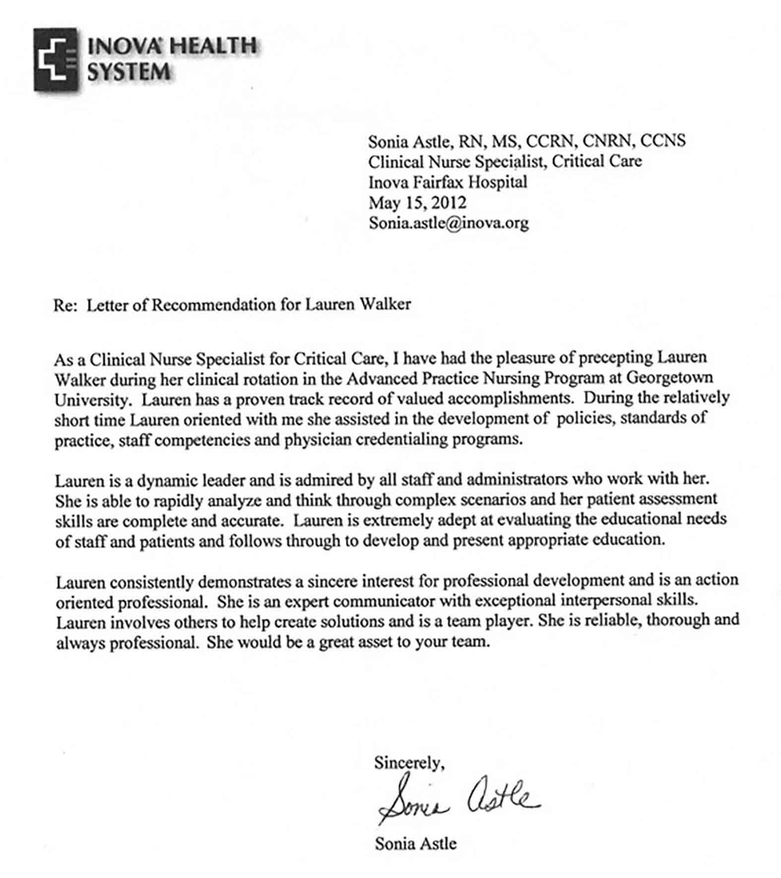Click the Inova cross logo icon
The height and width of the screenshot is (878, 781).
(x=56, y=60)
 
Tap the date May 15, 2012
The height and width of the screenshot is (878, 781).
(x=417, y=203)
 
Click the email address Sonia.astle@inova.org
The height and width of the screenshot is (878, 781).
(x=449, y=223)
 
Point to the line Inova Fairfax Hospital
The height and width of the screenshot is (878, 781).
(x=447, y=182)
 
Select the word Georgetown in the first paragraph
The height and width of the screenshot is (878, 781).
(x=669, y=378)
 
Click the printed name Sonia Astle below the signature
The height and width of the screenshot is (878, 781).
(x=415, y=843)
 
